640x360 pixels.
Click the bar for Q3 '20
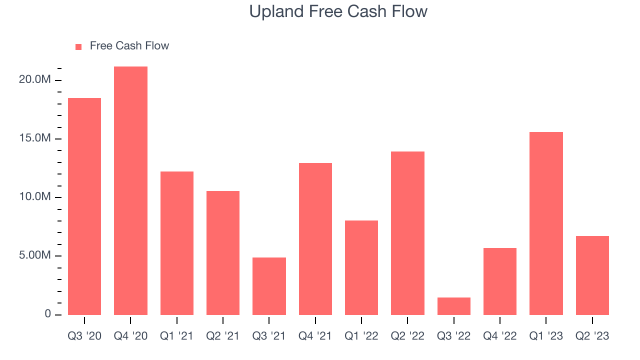pos(84,206)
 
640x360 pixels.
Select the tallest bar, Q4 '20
pos(130,190)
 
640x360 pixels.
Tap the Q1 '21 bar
pos(177,243)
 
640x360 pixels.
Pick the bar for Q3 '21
pos(269,286)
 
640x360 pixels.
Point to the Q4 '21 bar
pos(315,239)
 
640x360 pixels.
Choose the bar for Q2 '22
pos(407,233)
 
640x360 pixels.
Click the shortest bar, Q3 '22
pos(453,306)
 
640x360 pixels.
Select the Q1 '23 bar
pos(546,223)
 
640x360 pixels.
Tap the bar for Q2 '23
pos(592,275)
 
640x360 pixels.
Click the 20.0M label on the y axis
pos(35,79)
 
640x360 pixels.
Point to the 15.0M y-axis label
pos(35,138)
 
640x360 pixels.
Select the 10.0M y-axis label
pos(35,196)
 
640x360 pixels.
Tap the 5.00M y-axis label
pos(35,255)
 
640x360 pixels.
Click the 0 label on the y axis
pos(47,313)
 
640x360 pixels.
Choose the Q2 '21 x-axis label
pos(223,336)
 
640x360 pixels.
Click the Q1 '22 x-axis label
pos(361,336)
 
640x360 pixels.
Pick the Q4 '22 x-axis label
pos(499,336)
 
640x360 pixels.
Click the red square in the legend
pos(78,47)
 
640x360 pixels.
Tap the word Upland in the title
pos(276,12)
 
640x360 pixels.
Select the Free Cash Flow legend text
pos(129,45)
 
